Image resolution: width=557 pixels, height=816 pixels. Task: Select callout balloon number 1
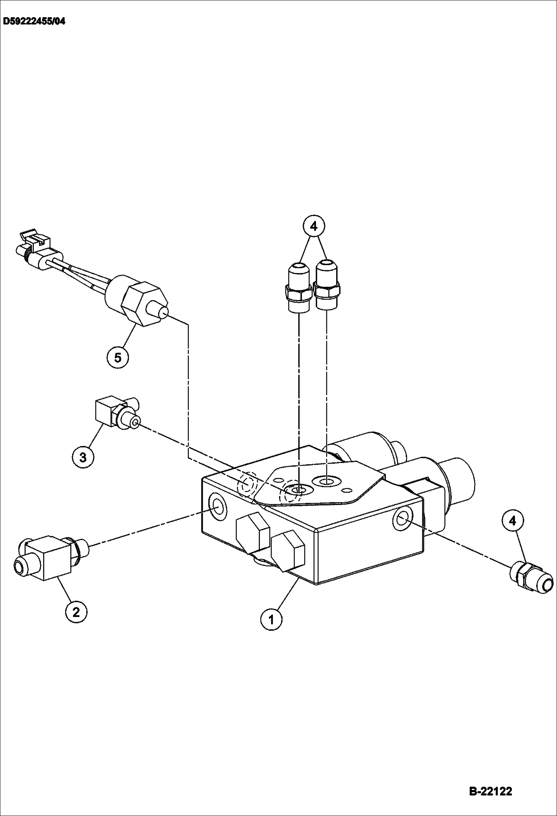pyautogui.click(x=271, y=619)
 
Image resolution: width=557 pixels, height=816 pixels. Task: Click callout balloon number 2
pyautogui.click(x=76, y=611)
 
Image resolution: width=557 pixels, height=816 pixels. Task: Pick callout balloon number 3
pyautogui.click(x=83, y=457)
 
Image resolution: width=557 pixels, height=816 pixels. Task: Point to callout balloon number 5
pyautogui.click(x=117, y=357)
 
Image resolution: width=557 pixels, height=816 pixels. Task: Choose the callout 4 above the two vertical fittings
pyautogui.click(x=314, y=226)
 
